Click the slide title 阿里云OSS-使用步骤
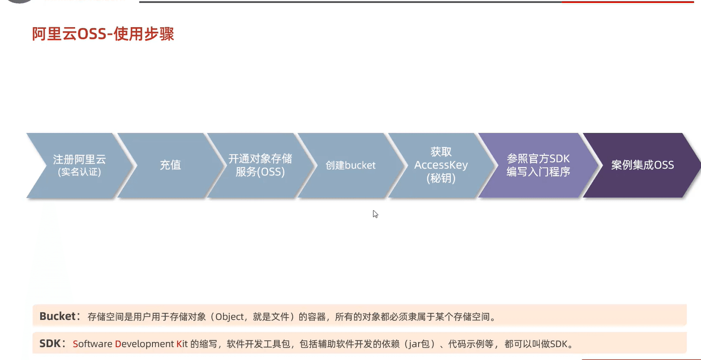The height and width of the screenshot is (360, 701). click(103, 34)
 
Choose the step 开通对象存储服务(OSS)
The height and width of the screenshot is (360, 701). click(260, 166)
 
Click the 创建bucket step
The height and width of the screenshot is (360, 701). click(350, 166)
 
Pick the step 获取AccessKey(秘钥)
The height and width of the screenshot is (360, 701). click(441, 166)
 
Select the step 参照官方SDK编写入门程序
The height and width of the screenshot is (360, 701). click(538, 166)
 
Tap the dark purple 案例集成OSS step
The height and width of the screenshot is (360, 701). click(642, 166)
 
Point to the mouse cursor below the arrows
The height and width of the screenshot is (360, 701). click(375, 214)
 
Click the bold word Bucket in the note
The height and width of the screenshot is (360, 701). click(57, 316)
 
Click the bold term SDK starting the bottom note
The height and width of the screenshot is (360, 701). click(50, 343)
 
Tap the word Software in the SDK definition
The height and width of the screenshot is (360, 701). click(93, 344)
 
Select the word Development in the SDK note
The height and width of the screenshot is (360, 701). click(144, 344)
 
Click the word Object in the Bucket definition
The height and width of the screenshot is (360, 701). click(230, 317)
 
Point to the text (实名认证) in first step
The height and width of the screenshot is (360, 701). click(80, 172)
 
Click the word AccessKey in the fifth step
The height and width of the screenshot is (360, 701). click(441, 165)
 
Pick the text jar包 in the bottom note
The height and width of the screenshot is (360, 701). click(420, 344)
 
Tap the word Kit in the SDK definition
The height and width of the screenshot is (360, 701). click(182, 344)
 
